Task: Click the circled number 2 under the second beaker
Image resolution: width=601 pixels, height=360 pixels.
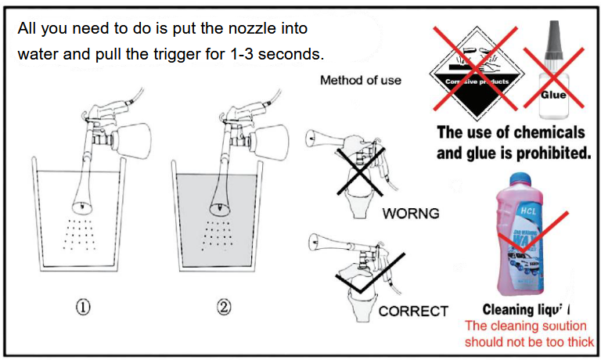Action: [225, 307]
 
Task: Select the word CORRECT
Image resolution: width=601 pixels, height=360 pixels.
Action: [413, 311]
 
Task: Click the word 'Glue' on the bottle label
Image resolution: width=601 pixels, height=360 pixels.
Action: [553, 95]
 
